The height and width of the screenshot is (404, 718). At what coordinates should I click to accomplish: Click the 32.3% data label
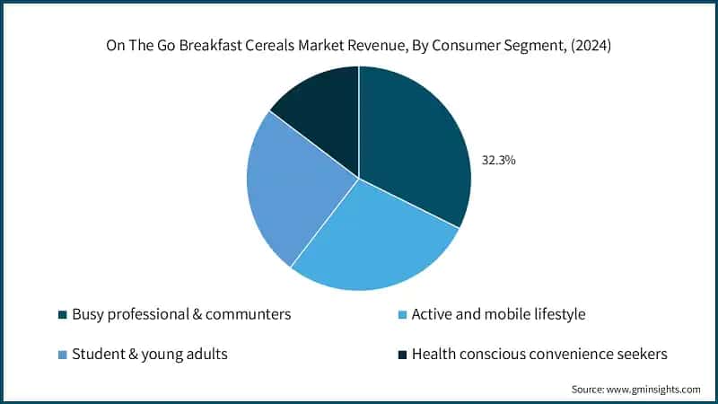(x=499, y=161)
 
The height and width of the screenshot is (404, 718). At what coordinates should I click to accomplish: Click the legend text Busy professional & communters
(x=181, y=314)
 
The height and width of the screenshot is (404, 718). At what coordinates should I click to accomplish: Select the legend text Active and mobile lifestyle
(x=498, y=314)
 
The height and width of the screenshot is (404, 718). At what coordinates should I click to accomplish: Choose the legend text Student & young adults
(x=149, y=354)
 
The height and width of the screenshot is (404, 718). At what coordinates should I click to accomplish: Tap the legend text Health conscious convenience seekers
(x=539, y=354)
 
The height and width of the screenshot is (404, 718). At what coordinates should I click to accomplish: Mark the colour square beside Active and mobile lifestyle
(x=403, y=315)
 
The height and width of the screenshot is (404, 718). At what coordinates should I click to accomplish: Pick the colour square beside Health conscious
(x=403, y=355)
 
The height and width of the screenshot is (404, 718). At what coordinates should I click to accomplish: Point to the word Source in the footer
(x=588, y=389)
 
